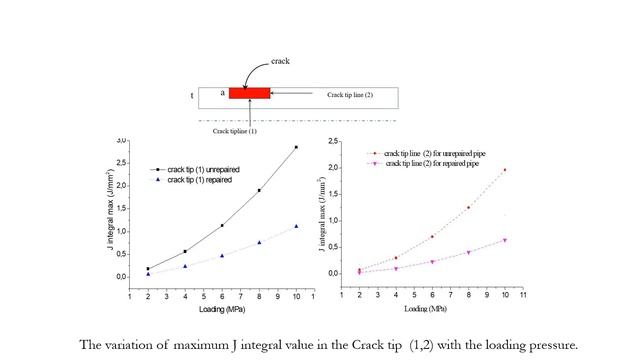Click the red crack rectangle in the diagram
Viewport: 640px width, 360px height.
pos(249,93)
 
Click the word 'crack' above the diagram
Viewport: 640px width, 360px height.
pos(282,61)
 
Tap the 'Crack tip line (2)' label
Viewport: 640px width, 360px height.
pos(349,95)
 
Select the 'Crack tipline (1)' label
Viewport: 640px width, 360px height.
pos(235,130)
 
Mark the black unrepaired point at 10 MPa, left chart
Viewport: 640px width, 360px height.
pos(295,147)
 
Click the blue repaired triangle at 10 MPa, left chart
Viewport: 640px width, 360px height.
pos(295,226)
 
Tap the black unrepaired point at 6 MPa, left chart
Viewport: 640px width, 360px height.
pos(222,225)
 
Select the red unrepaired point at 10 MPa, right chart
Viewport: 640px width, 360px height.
pos(504,170)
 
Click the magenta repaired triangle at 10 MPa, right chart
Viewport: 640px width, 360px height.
pos(504,240)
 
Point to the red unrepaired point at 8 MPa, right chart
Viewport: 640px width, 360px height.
pos(468,208)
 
